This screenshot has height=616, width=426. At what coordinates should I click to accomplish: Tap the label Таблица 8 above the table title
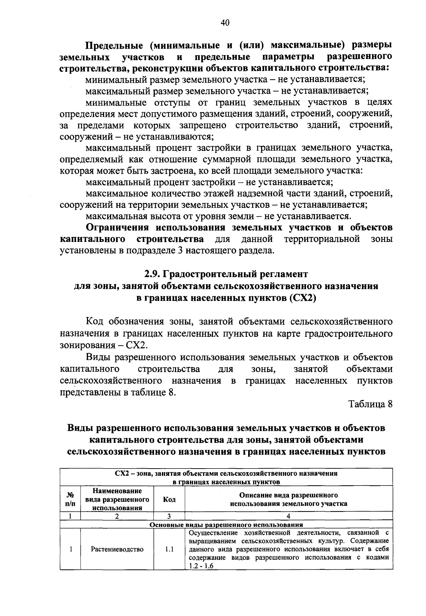(x=370, y=404)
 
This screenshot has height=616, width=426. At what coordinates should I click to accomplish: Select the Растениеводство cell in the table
(x=117, y=549)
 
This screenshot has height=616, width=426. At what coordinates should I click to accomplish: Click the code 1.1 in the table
(x=169, y=549)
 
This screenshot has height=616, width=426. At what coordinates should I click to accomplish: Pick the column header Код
(x=169, y=499)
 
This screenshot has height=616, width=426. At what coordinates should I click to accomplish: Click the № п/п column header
(x=71, y=499)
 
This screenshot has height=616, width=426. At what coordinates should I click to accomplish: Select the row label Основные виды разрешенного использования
(x=226, y=524)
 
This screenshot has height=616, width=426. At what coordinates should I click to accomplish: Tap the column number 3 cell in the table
(x=169, y=516)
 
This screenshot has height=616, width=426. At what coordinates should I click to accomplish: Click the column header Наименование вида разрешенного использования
(x=117, y=499)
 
